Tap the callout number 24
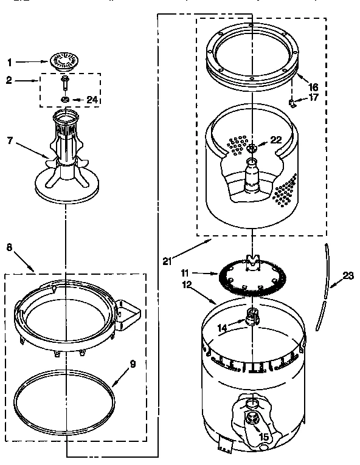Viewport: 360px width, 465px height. tap(92, 100)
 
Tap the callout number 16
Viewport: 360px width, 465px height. tap(313, 88)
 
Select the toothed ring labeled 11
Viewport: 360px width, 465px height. tap(251, 280)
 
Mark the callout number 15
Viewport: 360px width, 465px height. tap(263, 435)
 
